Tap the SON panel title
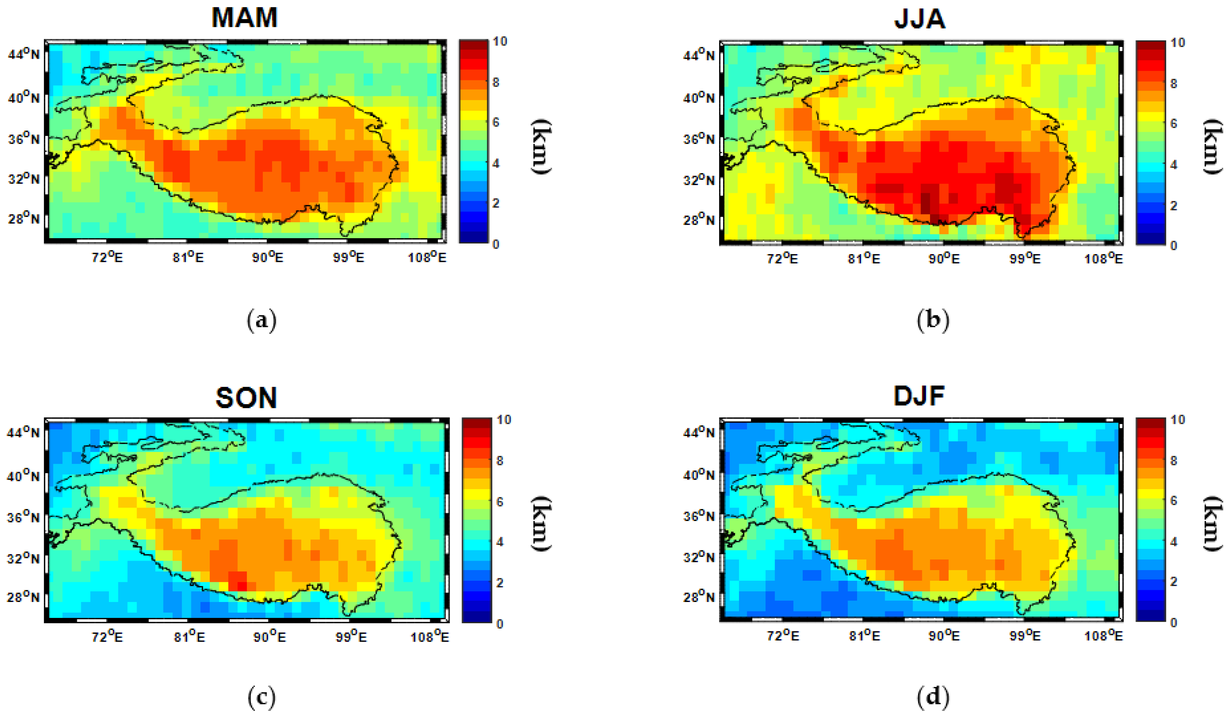[246, 397]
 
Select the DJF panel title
[918, 396]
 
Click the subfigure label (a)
[262, 321]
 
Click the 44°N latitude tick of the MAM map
[23, 54]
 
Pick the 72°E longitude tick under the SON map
[107, 637]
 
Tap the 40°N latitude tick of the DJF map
[699, 475]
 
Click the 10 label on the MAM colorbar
[500, 41]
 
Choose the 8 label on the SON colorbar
[499, 460]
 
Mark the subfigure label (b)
[933, 321]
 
